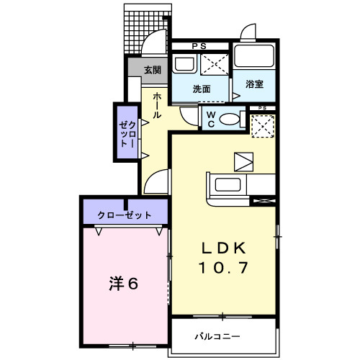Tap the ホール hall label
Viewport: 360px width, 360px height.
point(157,105)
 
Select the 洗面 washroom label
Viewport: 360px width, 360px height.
point(201,89)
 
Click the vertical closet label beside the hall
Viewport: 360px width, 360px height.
point(127,132)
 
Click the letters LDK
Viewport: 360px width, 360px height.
point(224,247)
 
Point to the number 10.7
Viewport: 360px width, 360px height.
point(224,269)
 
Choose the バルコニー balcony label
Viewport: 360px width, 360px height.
point(216,336)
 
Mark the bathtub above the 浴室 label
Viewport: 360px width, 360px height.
point(253,57)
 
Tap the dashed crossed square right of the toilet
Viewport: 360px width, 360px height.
point(261,125)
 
